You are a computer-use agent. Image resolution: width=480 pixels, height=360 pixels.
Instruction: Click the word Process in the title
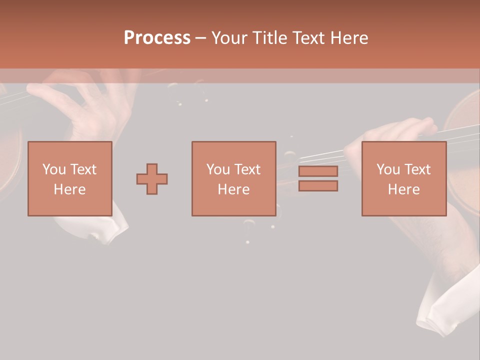(x=157, y=38)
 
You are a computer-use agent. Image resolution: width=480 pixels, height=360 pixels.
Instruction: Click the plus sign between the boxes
(x=152, y=179)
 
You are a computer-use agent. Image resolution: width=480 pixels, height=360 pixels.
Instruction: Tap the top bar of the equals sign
(x=318, y=171)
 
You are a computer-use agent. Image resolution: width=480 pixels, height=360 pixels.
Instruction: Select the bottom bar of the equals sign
(x=318, y=186)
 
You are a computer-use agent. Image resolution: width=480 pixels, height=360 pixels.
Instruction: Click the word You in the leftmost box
(x=54, y=169)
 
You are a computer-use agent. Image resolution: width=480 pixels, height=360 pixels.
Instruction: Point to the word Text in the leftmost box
(x=83, y=169)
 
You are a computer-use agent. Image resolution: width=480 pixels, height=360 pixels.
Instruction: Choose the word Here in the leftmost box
(x=69, y=189)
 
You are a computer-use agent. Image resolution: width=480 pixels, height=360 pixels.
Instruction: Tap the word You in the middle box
(x=218, y=169)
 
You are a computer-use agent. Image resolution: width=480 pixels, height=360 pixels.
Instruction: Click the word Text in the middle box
(x=247, y=169)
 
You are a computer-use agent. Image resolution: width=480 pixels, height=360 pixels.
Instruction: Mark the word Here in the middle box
(x=233, y=189)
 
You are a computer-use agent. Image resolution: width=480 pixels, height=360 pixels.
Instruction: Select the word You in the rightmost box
(x=388, y=169)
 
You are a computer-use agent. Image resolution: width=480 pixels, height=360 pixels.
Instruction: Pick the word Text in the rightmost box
(x=417, y=169)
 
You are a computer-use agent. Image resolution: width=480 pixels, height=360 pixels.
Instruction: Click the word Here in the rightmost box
(x=403, y=189)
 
